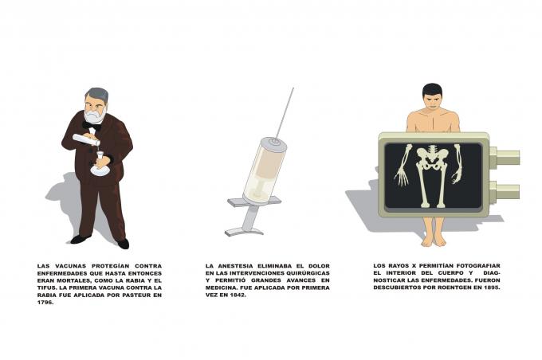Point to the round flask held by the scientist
[x=100, y=168]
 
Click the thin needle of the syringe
[x=285, y=112]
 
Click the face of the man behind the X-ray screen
[x=432, y=102]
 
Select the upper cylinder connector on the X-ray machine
[x=503, y=158]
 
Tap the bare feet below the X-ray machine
[x=433, y=238]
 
